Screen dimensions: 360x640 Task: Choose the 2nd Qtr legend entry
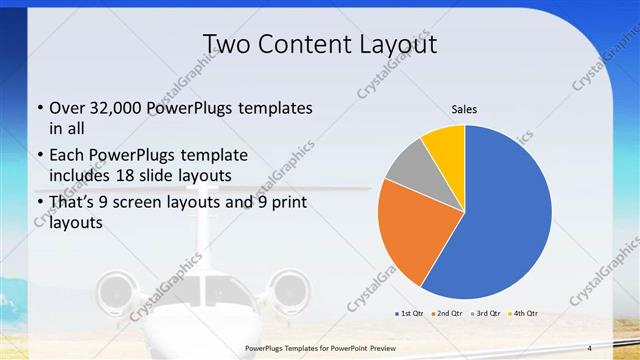448,313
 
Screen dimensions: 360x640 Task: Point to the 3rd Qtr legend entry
486,313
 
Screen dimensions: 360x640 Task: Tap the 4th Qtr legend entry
523,313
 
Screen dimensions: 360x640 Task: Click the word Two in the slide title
227,44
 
